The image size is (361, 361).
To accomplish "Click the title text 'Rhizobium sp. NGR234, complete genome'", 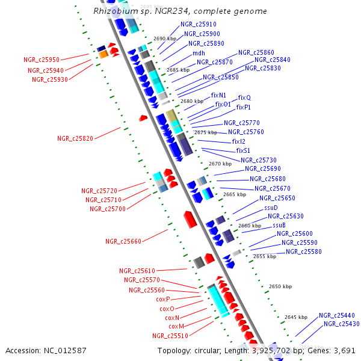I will pos(180,11).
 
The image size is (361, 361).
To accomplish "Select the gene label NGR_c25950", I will pos(42,60).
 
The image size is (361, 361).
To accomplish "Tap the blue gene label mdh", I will pos(199,53).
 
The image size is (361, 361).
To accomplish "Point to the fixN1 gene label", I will pos(218,95).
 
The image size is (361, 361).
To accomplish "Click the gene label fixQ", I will pos(244,97).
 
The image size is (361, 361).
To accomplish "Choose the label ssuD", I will pos(271,208).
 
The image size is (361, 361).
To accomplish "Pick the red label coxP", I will pos(163,299).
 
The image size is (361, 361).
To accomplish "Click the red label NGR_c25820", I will pos(75,138).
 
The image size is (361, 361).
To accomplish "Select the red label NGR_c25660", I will pos(123,241).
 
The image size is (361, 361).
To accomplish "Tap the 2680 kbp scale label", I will pos(191,101).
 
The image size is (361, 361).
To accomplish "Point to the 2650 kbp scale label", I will pos(280,286).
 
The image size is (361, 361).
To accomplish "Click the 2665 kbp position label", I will pos(234,194).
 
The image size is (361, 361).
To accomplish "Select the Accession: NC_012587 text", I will pos(46,350).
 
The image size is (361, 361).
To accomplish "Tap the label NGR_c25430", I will pos(341,324).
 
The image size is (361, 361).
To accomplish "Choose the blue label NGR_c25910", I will pos(199,25).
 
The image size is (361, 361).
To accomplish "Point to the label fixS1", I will pos(243,150).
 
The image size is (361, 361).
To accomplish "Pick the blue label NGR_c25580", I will pos(303,251).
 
